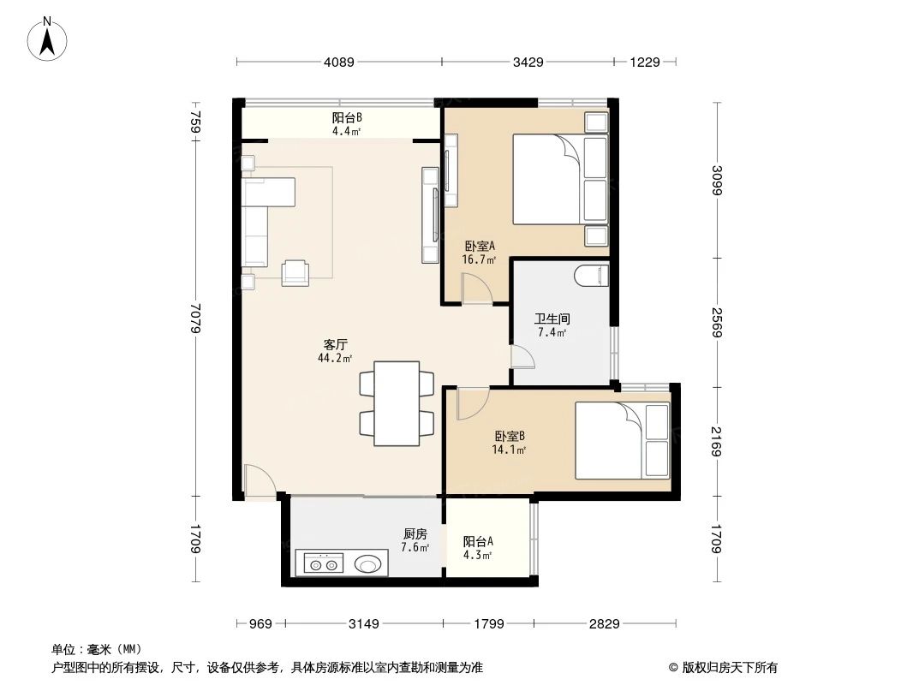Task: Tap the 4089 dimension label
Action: pyautogui.click(x=339, y=62)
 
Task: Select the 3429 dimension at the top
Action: pyautogui.click(x=528, y=62)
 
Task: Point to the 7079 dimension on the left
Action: pyautogui.click(x=195, y=319)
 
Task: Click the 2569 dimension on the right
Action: pyautogui.click(x=716, y=321)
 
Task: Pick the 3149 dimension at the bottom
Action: pyautogui.click(x=364, y=623)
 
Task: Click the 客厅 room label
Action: pyautogui.click(x=335, y=345)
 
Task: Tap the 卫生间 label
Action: pyautogui.click(x=552, y=319)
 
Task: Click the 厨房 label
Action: pyautogui.click(x=415, y=533)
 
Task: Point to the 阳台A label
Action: pyautogui.click(x=478, y=541)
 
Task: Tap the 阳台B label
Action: pyautogui.click(x=346, y=118)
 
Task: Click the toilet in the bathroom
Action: pyautogui.click(x=592, y=276)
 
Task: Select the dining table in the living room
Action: pyautogui.click(x=390, y=403)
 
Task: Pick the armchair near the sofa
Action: pyautogui.click(x=295, y=271)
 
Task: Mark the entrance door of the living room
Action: pyautogui.click(x=258, y=481)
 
